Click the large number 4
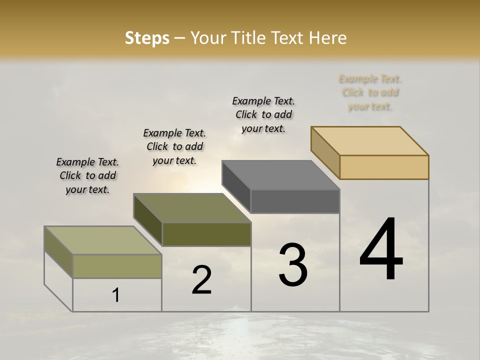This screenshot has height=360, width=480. [x=381, y=250]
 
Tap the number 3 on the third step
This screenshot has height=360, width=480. [x=293, y=265]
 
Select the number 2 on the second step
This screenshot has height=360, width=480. [x=201, y=280]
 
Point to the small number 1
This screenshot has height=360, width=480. [x=115, y=295]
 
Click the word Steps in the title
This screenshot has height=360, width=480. [x=147, y=38]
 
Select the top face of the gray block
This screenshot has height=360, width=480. [x=280, y=175]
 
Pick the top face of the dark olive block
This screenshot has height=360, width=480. [x=192, y=208]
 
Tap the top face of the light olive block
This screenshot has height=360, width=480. [x=103, y=240]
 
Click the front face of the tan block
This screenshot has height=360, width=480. [x=384, y=167]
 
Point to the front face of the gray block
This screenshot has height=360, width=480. [x=295, y=201]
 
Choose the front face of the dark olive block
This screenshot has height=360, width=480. [x=206, y=234]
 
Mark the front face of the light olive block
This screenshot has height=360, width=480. [x=117, y=266]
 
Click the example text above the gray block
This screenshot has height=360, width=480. [x=263, y=114]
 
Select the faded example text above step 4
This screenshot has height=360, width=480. [x=370, y=92]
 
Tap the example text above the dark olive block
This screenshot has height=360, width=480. [x=174, y=146]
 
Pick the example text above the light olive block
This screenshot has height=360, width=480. [x=87, y=175]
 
